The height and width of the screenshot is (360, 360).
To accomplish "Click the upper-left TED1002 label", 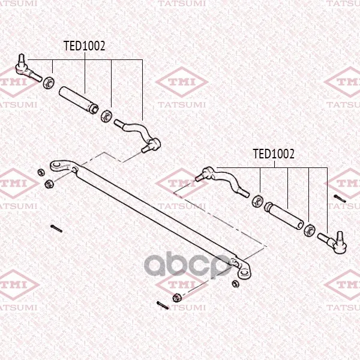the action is click(x=84, y=46).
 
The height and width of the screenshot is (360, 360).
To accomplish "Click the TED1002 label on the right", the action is click(x=274, y=154).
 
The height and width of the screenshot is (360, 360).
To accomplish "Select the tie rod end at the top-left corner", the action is click(x=28, y=68).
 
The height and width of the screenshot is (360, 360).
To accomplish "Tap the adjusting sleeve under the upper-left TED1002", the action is click(x=79, y=100).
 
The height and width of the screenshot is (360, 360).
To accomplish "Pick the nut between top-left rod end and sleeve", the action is click(x=49, y=83).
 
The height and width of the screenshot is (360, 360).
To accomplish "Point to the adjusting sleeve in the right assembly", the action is click(x=284, y=216).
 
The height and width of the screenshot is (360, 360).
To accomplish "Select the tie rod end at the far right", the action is click(x=332, y=242).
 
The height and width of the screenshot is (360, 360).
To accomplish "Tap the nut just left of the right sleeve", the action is click(x=257, y=201).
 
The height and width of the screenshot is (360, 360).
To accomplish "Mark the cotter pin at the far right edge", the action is click(x=340, y=199).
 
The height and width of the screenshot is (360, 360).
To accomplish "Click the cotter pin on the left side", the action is click(x=56, y=229).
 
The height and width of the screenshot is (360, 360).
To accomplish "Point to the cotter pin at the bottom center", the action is click(x=163, y=305).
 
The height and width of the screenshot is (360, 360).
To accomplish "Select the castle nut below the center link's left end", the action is click(x=49, y=184).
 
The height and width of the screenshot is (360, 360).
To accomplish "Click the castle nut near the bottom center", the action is click(x=177, y=298).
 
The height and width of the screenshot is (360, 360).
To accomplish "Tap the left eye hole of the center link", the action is click(x=56, y=164).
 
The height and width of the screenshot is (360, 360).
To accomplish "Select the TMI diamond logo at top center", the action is click(x=182, y=82).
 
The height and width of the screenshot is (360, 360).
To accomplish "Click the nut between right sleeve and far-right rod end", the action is click(x=309, y=230).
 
